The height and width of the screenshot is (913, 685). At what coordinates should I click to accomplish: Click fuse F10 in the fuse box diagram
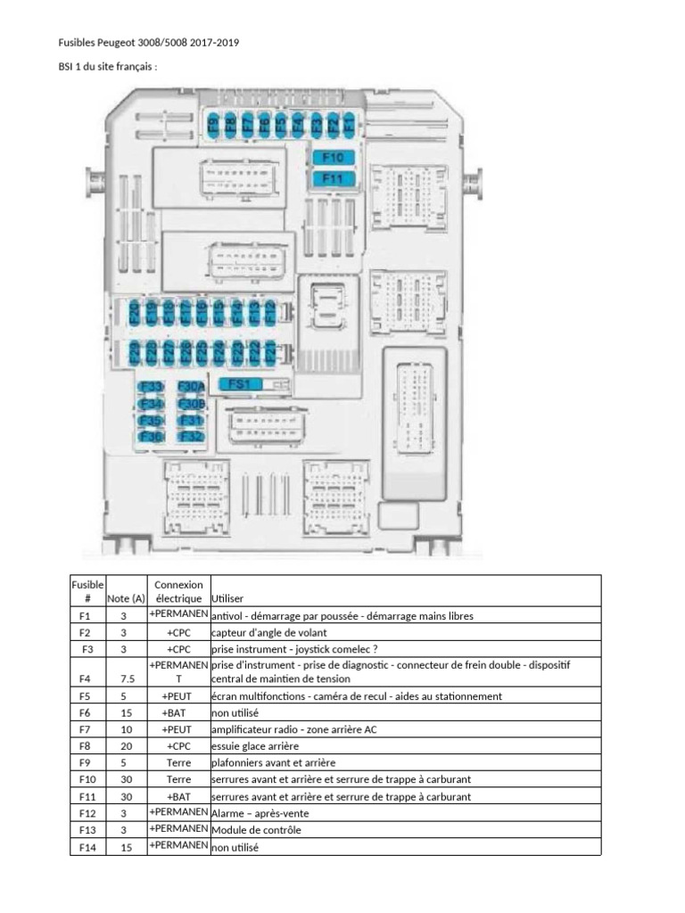click(x=334, y=158)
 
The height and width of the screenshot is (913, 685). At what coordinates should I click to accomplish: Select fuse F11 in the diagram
click(x=334, y=178)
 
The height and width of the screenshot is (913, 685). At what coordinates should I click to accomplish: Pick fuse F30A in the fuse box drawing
click(x=191, y=387)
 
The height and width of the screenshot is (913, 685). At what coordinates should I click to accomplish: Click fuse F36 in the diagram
click(x=152, y=436)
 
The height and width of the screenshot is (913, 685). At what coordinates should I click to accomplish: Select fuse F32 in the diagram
click(x=191, y=436)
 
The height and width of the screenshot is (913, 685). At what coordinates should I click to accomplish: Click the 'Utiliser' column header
click(x=228, y=599)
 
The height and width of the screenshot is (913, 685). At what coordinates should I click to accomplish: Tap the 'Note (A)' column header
click(x=126, y=599)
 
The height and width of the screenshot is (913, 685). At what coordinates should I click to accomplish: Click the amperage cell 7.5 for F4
click(x=126, y=679)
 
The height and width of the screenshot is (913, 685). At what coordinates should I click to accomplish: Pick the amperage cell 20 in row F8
click(x=126, y=745)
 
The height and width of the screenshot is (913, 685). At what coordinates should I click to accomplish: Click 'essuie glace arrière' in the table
click(x=255, y=745)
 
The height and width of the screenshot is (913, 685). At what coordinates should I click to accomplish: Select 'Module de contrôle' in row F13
click(x=257, y=830)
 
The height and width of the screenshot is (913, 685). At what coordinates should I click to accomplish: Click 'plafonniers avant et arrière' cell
click(x=273, y=762)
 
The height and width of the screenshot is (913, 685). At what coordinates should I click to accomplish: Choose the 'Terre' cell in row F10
click(x=178, y=779)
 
